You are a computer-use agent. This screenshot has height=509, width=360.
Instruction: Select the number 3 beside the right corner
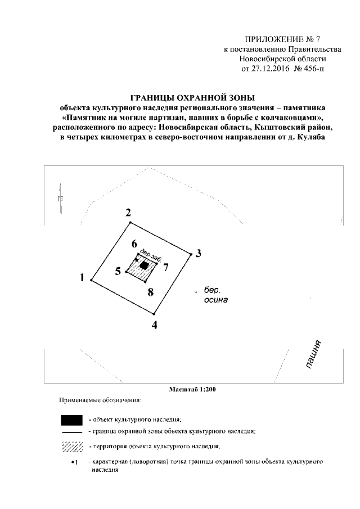(198, 253)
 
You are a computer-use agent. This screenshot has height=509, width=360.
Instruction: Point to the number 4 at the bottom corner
(155, 325)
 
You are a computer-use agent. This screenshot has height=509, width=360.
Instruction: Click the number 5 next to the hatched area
(118, 272)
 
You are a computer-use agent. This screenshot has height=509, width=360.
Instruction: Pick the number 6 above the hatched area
(134, 244)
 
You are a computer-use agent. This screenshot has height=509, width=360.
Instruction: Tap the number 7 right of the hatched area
(166, 267)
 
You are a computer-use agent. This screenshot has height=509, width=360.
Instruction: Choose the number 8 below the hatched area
(150, 291)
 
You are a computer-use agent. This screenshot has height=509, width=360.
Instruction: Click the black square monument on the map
(145, 265)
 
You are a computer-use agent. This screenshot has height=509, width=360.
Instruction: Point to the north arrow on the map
(60, 196)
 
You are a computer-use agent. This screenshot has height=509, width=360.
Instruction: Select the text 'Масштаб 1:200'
(193, 389)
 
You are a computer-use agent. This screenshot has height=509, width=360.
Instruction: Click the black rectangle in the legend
(71, 420)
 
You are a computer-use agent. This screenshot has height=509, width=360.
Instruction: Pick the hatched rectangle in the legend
(71, 447)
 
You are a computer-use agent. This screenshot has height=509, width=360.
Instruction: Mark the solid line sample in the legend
(71, 432)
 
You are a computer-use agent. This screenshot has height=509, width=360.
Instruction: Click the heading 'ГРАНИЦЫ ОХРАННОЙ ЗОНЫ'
(193, 97)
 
